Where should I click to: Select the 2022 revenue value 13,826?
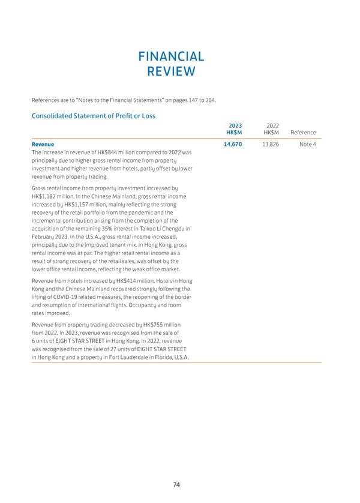[268, 145]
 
